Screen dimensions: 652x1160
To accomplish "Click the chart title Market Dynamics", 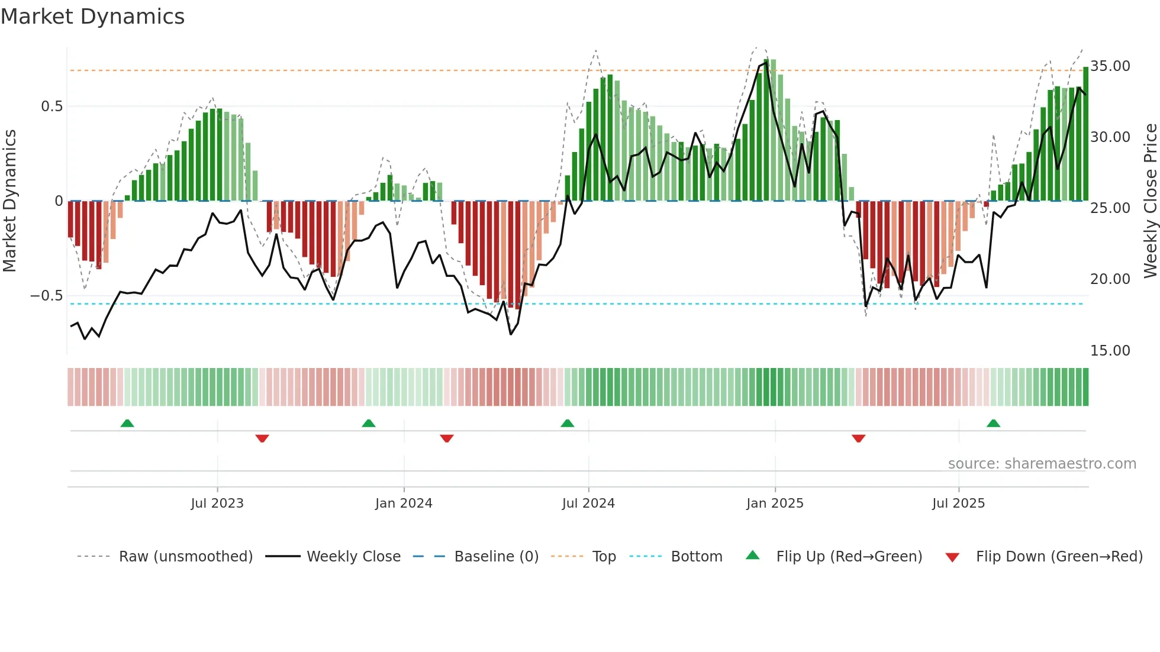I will [x=92, y=17].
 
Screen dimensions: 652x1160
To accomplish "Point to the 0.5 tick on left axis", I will [x=51, y=106].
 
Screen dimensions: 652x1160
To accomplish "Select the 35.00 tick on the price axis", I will [x=1110, y=66].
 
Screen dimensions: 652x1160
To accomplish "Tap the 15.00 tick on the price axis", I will [x=1110, y=351].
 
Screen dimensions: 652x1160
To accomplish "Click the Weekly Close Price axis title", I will [x=1150, y=201].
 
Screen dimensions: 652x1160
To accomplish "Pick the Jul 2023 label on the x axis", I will [x=217, y=503].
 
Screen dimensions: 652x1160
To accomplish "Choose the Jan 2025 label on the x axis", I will [x=775, y=503].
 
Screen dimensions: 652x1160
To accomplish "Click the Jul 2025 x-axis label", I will [x=958, y=503].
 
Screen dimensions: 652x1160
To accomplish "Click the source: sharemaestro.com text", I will [x=1042, y=464].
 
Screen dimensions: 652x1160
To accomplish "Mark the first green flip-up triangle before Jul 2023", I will [x=127, y=423].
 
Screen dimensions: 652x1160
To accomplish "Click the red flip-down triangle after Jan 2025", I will [x=859, y=438].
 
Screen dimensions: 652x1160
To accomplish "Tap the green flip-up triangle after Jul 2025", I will [x=994, y=423].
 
